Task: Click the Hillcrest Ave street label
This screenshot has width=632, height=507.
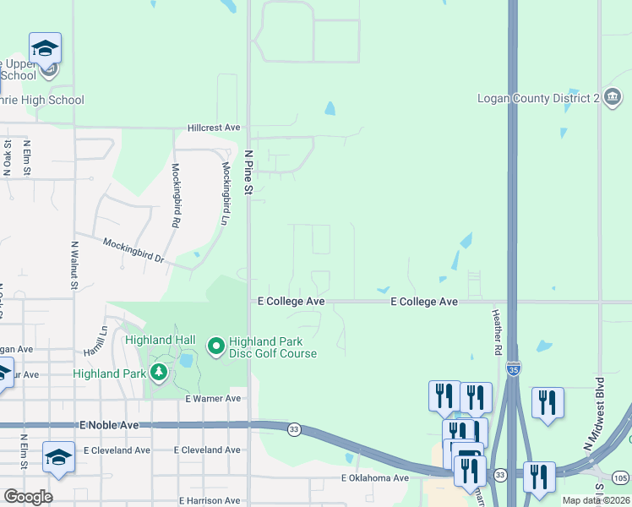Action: pyautogui.click(x=215, y=128)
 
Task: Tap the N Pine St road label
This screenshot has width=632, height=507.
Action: pyautogui.click(x=248, y=173)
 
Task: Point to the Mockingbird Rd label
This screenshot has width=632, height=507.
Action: pyautogui.click(x=176, y=195)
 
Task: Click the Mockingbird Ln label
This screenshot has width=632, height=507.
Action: pyautogui.click(x=226, y=194)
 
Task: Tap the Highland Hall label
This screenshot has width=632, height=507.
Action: pyautogui.click(x=161, y=340)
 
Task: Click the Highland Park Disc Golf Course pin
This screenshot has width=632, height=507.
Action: pyautogui.click(x=215, y=346)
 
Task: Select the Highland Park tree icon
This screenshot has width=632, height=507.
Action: pyautogui.click(x=158, y=373)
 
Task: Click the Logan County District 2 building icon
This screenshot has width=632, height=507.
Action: pyautogui.click(x=612, y=99)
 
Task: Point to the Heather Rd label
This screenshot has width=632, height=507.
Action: pyautogui.click(x=497, y=330)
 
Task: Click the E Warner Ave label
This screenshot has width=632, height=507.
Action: pyautogui.click(x=213, y=398)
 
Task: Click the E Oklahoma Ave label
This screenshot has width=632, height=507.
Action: pyautogui.click(x=375, y=478)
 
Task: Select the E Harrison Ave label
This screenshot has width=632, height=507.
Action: pyautogui.click(x=210, y=501)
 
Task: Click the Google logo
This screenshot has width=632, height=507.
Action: pyautogui.click(x=28, y=497)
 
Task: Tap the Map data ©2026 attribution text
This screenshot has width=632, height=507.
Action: pyautogui.click(x=596, y=500)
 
